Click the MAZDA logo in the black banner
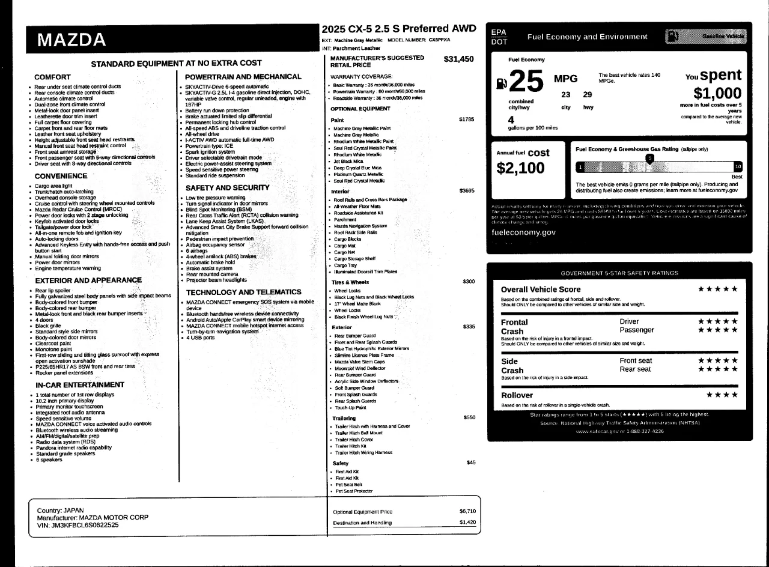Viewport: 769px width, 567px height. [71, 40]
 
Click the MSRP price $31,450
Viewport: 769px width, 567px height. [458, 59]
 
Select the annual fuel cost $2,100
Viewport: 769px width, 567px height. [520, 169]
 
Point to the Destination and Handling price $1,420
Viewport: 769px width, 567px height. [467, 523]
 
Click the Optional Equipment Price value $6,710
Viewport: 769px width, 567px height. [467, 511]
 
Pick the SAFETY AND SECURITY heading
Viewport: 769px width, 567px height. [227, 187]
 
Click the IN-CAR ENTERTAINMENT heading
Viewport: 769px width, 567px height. [80, 384]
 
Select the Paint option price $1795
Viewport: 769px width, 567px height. [466, 119]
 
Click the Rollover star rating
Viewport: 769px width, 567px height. [722, 395]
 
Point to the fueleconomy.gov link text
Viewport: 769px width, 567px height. [523, 232]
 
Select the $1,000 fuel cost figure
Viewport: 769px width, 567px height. [717, 93]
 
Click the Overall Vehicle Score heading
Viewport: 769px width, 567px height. [541, 290]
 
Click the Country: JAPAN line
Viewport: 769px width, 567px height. [61, 510]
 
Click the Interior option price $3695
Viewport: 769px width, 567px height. [466, 190]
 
